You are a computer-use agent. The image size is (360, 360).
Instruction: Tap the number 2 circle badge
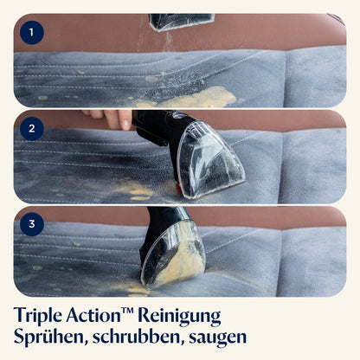pyautogui.click(x=32, y=129)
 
